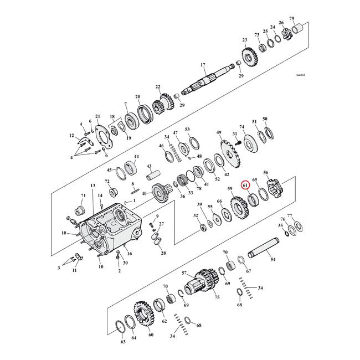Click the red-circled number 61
(x=244, y=186)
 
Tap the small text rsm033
(x=300, y=74)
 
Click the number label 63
(x=123, y=342)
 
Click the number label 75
(x=217, y=297)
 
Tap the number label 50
(x=265, y=119)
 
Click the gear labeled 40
(x=161, y=194)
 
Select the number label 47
(x=175, y=133)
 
